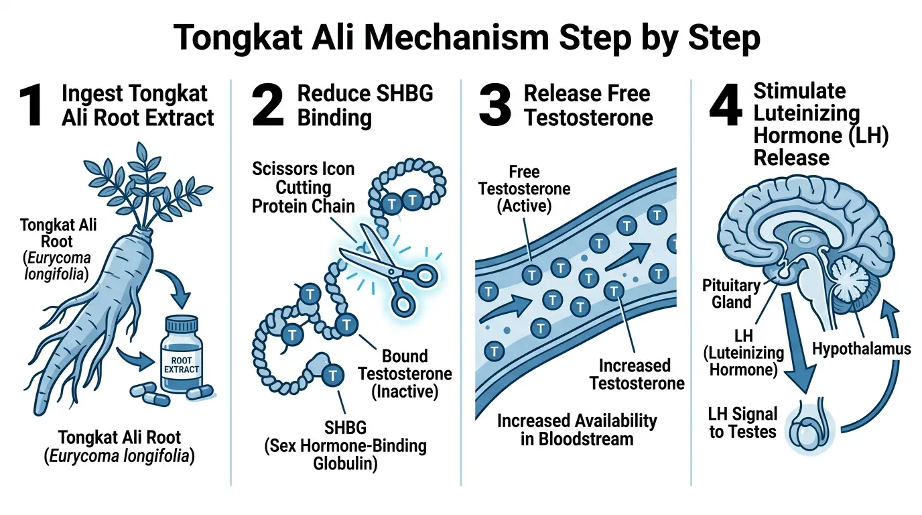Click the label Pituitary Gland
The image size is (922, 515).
coord(731,294)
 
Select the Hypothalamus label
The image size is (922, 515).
coord(861,348)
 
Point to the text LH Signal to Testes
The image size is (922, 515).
coord(743,422)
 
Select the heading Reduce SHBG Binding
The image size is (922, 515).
coord(365,106)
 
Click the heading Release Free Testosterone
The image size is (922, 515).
coord(588,106)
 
